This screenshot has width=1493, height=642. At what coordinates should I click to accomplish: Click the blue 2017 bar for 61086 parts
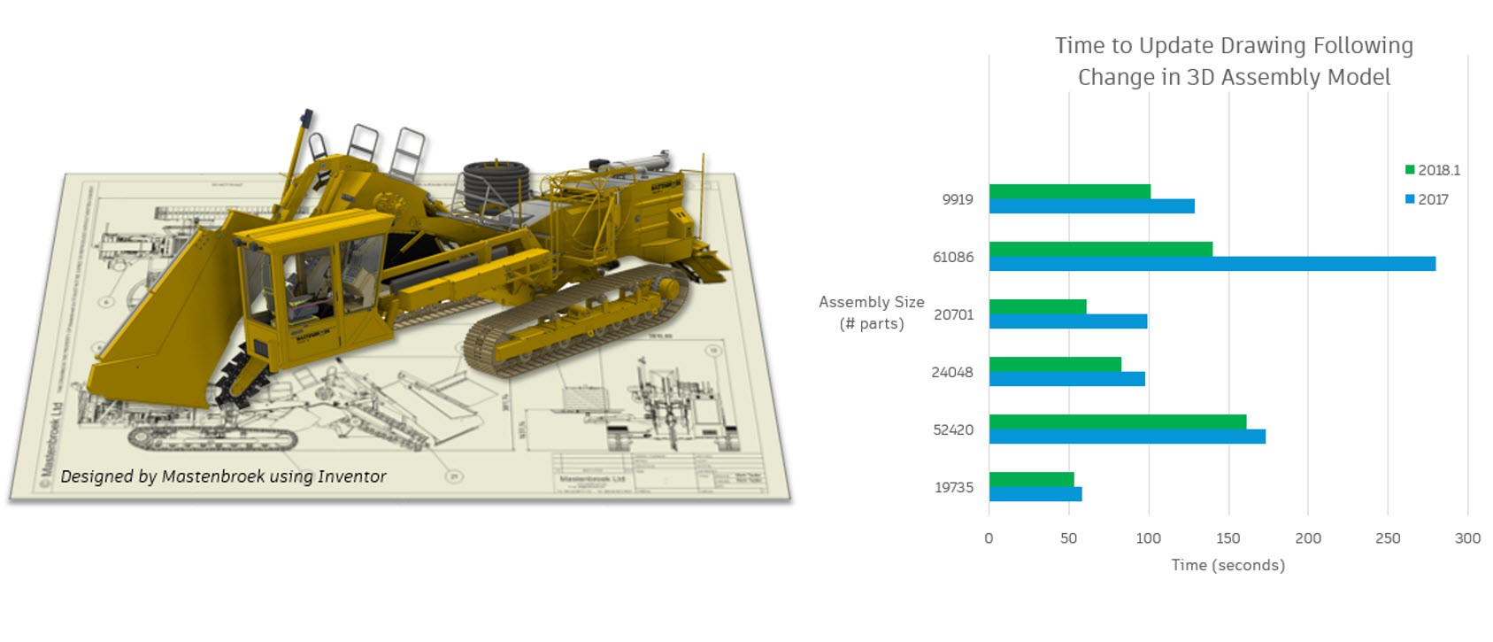tap(1212, 264)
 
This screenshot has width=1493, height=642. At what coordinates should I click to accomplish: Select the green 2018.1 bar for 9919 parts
tap(1069, 191)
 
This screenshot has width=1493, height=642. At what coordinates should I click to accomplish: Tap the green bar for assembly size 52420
tap(1117, 422)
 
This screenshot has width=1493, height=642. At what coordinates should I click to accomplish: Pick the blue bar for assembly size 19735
tap(1035, 494)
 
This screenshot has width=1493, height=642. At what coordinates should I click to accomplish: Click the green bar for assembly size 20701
tap(1037, 306)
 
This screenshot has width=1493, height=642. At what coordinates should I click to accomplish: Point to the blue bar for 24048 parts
tap(1066, 379)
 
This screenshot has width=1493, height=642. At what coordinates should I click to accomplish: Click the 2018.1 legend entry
tap(1432, 170)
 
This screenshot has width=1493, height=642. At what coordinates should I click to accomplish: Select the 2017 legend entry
tap(1427, 199)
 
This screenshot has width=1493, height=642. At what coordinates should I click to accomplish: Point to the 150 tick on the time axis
tap(1227, 538)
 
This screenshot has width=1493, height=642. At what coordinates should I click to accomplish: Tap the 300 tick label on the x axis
tap(1466, 538)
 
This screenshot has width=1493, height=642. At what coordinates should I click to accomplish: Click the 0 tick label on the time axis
tap(989, 538)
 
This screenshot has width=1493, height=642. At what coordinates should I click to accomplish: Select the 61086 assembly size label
tap(952, 257)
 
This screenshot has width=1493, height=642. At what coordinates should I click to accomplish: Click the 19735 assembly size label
tap(953, 487)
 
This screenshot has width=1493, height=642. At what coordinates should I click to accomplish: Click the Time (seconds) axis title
tap(1227, 565)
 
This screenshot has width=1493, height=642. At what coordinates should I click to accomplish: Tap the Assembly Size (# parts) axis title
tap(871, 313)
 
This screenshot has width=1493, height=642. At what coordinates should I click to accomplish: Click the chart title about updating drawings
tap(1234, 61)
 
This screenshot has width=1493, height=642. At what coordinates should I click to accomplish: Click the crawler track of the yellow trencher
tap(575, 323)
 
